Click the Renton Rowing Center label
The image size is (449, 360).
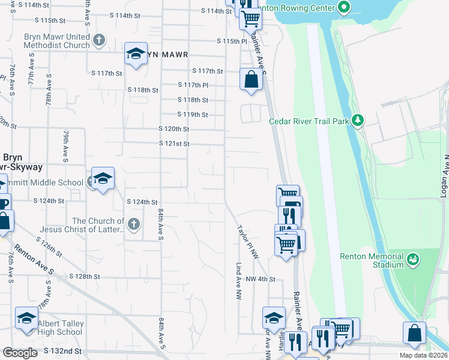[x=306, y=8]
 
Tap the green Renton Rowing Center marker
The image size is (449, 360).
[x=343, y=8]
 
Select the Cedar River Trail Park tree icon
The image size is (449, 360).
[x=358, y=121]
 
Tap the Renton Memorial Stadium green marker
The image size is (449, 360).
[x=412, y=259]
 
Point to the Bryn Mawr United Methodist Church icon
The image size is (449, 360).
[x=100, y=40]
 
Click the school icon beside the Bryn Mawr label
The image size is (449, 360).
[x=136, y=55]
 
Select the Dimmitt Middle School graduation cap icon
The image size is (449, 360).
[x=103, y=179]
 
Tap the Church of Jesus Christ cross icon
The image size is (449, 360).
[x=133, y=224]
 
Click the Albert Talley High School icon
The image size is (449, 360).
[x=27, y=319]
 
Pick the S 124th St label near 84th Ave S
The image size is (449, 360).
[x=142, y=202]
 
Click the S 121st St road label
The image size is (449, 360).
[x=174, y=144]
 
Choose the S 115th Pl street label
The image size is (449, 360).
[x=232, y=41]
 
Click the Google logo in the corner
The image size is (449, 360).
[x=20, y=353]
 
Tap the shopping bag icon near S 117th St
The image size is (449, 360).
[x=251, y=79]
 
